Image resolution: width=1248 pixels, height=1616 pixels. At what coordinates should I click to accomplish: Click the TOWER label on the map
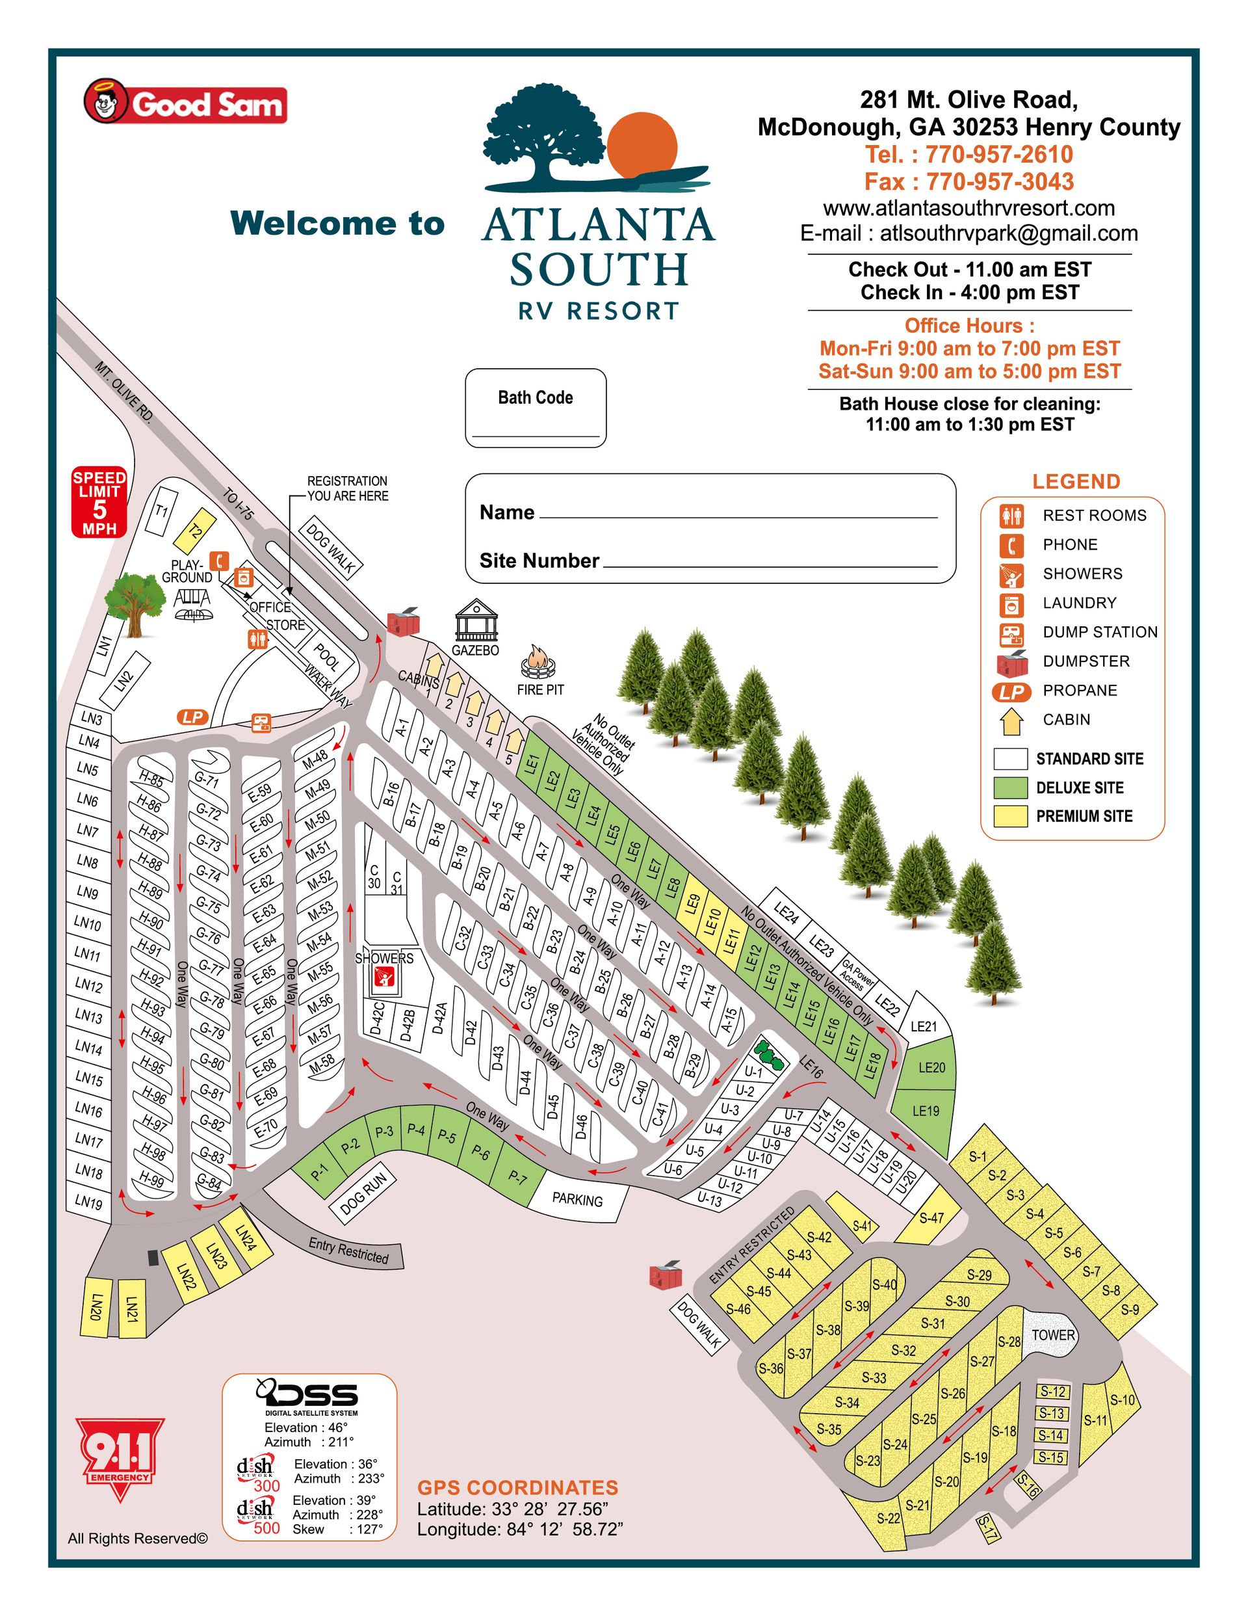pos(1053,1334)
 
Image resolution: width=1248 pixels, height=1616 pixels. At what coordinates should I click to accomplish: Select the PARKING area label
pos(577,1199)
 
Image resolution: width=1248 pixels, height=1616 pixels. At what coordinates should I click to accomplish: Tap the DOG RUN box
pos(363,1193)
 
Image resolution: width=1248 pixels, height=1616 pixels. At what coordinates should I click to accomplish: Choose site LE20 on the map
pos(931,1067)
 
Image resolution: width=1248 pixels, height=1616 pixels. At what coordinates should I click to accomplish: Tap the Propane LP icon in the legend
pos(1011,691)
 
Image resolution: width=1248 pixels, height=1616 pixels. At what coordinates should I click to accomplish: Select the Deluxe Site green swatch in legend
pos(1010,788)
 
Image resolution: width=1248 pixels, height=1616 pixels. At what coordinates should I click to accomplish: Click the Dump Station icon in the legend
pos(1011,633)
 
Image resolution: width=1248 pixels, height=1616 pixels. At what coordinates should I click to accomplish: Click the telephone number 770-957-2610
pos(998,154)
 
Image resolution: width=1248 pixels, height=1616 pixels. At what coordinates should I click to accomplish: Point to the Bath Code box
pos(535,408)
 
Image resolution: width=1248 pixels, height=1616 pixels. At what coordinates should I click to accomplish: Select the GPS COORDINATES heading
pos(517,1487)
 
